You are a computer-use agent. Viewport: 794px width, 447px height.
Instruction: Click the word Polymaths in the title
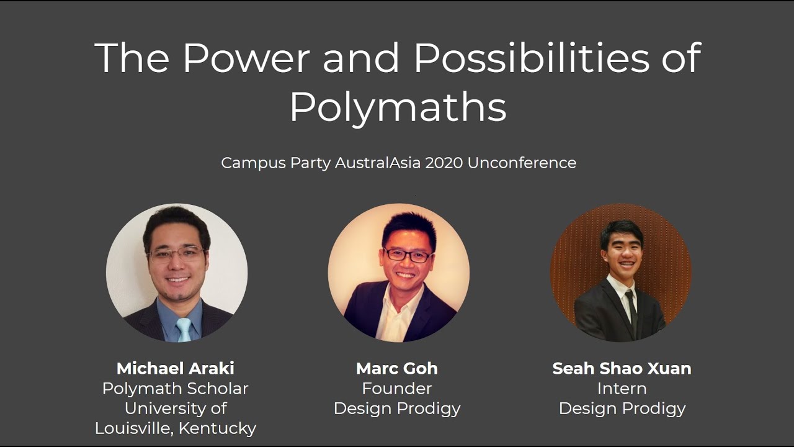398,107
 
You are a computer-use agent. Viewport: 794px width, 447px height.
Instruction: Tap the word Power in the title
246,58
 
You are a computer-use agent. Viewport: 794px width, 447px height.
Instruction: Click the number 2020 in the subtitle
444,163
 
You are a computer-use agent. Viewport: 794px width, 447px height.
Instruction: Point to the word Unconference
522,163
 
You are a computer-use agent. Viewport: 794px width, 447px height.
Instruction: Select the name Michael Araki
176,368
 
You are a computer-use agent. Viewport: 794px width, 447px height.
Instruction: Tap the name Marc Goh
397,368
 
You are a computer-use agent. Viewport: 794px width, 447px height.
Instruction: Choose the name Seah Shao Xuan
622,368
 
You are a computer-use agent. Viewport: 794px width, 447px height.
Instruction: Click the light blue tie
184,330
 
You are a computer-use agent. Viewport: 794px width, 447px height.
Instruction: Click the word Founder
397,389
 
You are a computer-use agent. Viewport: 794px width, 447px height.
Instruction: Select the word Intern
622,389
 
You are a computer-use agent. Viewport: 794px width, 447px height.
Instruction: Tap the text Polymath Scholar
176,389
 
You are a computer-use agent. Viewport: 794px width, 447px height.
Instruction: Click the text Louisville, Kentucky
176,428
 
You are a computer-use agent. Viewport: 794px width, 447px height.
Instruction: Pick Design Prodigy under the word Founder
397,409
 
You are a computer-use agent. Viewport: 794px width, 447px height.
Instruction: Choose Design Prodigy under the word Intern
622,409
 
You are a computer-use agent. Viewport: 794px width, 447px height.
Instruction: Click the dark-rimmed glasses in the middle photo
407,255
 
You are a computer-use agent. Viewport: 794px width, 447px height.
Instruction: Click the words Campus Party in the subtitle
275,163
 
